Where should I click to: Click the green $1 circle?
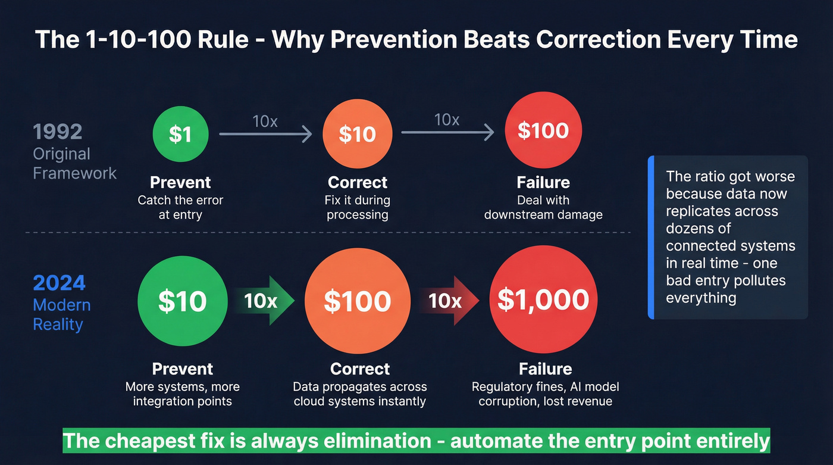[x=180, y=135]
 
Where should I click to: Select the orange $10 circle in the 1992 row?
[x=357, y=135]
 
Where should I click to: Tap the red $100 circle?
[x=543, y=131]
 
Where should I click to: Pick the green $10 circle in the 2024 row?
[x=182, y=301]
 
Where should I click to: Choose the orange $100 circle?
[x=357, y=302]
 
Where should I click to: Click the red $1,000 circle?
[x=543, y=300]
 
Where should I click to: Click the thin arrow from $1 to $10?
[x=265, y=135]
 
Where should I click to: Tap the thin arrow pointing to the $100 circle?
[x=447, y=132]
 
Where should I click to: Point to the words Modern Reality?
[x=61, y=315]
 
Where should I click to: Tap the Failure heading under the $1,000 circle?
[x=545, y=369]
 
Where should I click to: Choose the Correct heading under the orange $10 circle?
[x=357, y=182]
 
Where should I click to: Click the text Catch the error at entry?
[x=180, y=207]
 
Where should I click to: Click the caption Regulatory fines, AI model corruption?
[x=545, y=394]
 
